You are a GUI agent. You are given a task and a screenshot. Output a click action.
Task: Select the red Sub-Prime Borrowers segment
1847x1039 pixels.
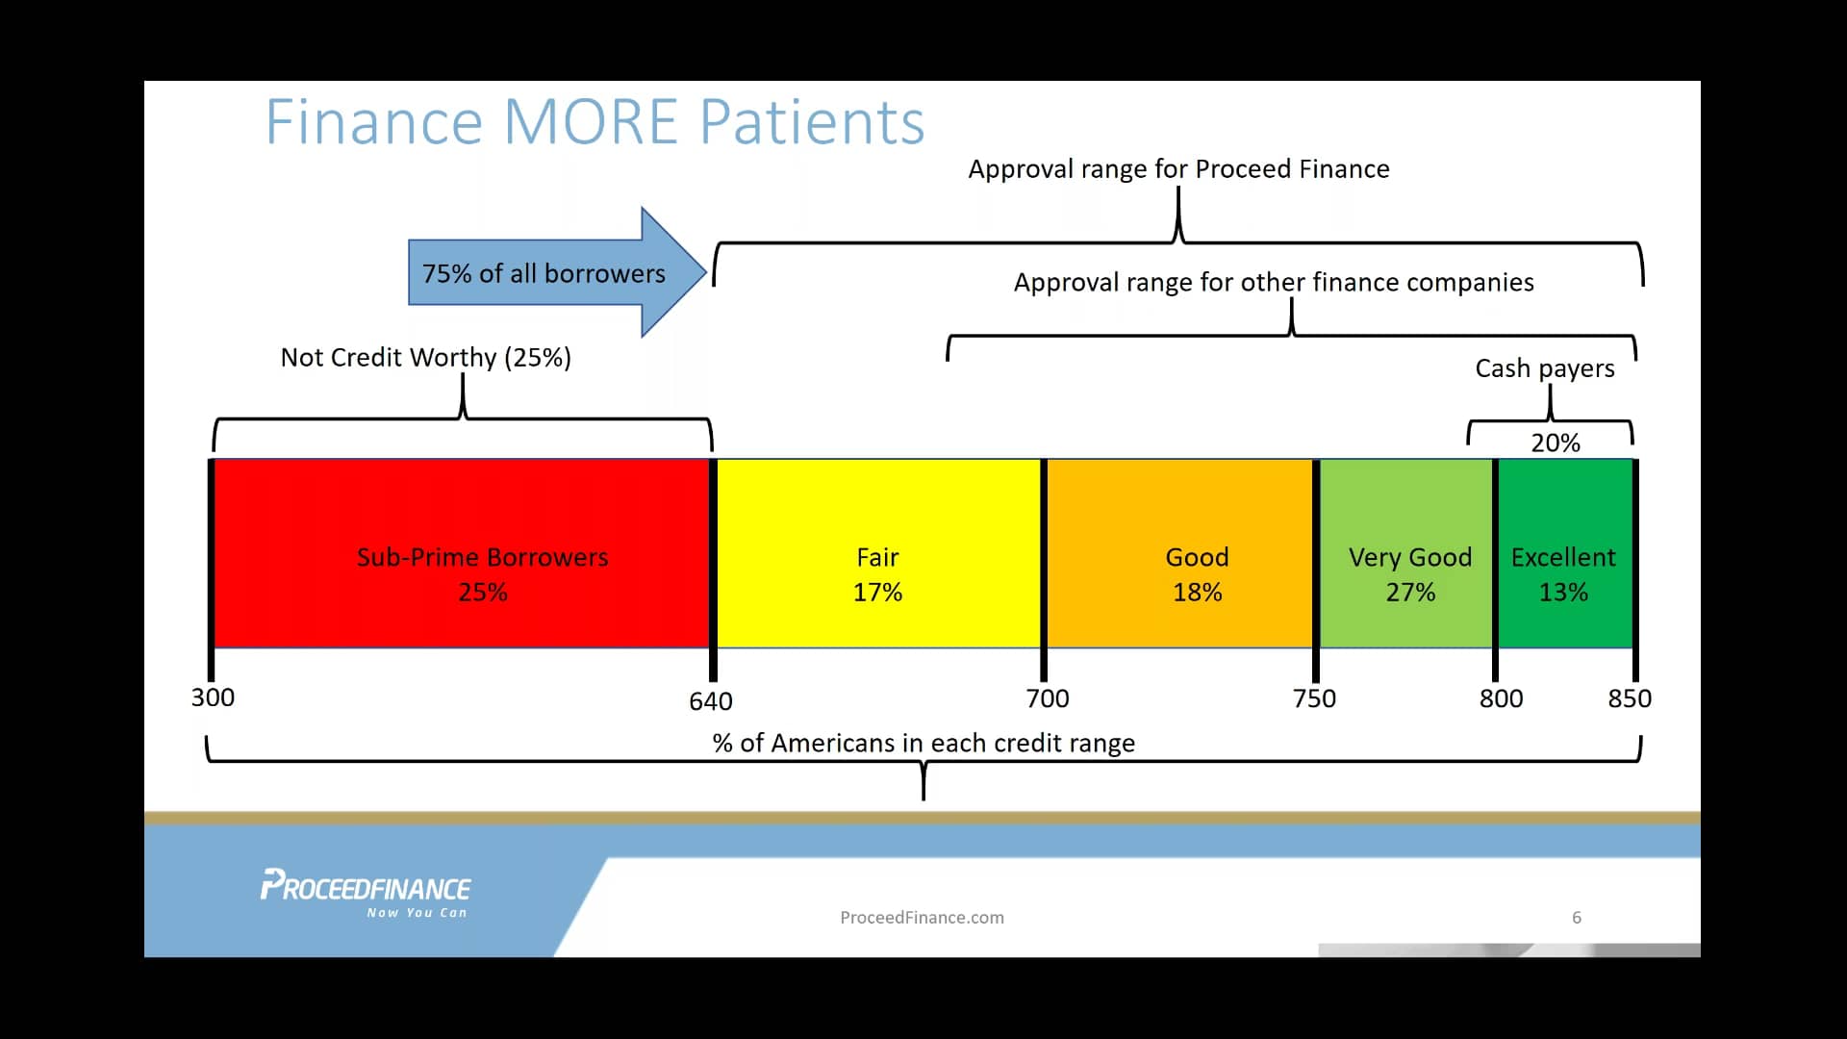(x=462, y=553)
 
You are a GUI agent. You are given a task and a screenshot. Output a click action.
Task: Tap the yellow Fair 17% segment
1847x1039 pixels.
(x=878, y=553)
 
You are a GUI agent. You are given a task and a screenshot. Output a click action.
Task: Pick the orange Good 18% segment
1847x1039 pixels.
(x=1179, y=553)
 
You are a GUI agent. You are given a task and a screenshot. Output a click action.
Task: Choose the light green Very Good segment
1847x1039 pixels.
(x=1405, y=553)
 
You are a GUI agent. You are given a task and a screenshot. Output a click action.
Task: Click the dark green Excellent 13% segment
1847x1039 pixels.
(x=1565, y=553)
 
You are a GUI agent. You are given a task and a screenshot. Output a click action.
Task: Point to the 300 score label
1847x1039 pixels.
(x=213, y=697)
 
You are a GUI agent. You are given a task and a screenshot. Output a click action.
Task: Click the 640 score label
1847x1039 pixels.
(x=711, y=701)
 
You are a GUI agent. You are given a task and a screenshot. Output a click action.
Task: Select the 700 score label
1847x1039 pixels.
(x=1048, y=698)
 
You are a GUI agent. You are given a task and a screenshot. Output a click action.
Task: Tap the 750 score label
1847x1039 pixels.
(x=1314, y=698)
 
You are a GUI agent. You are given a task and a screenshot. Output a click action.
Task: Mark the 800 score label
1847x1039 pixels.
(x=1501, y=698)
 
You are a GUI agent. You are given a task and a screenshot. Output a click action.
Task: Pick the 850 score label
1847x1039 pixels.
(x=1630, y=698)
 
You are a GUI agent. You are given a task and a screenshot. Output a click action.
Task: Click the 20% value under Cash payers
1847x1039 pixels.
(x=1556, y=443)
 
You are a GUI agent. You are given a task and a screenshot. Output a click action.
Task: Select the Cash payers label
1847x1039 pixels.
(x=1545, y=368)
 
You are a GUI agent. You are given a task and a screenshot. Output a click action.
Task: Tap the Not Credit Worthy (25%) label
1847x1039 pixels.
(x=426, y=357)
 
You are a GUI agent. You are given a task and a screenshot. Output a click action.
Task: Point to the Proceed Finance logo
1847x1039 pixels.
(x=366, y=894)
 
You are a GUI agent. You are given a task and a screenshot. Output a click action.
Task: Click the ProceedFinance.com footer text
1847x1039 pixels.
(x=922, y=918)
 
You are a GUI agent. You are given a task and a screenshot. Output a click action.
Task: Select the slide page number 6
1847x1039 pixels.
(x=1577, y=918)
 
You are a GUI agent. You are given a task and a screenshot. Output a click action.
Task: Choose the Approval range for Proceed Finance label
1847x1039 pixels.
(x=1178, y=169)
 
